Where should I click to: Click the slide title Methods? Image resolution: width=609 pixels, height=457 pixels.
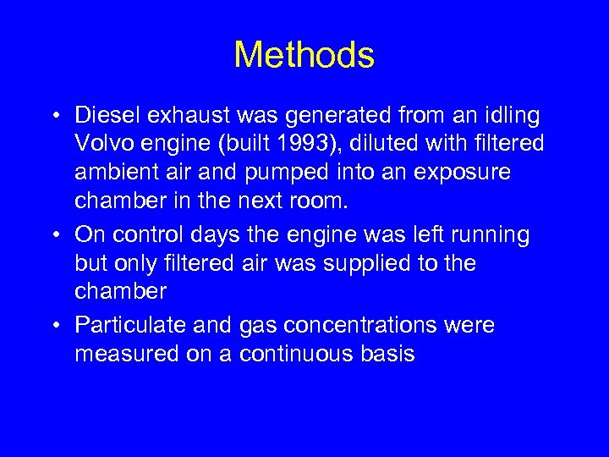pos(304,56)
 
